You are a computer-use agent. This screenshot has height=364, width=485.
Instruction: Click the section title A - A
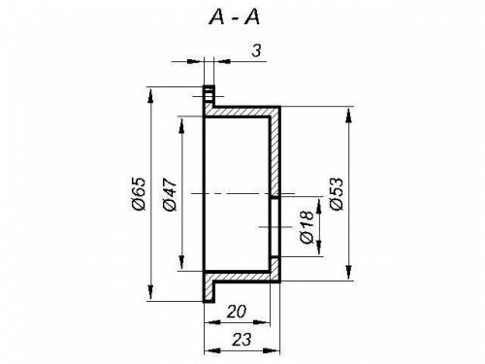(x=235, y=17)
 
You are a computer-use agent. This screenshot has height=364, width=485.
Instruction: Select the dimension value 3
(x=256, y=50)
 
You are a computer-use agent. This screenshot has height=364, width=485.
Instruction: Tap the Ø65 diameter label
(x=140, y=194)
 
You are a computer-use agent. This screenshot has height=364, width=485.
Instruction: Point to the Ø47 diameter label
(x=170, y=194)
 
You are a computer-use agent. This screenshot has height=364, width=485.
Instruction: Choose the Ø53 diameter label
(x=336, y=194)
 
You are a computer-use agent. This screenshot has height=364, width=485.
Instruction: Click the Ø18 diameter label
(x=307, y=227)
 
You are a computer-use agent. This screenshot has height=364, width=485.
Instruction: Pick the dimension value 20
(x=237, y=312)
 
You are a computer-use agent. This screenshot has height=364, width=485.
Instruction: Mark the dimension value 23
(x=242, y=340)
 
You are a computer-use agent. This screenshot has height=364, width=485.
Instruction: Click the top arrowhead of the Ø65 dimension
(x=150, y=96)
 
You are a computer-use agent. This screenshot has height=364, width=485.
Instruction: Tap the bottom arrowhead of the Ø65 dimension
(x=150, y=292)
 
